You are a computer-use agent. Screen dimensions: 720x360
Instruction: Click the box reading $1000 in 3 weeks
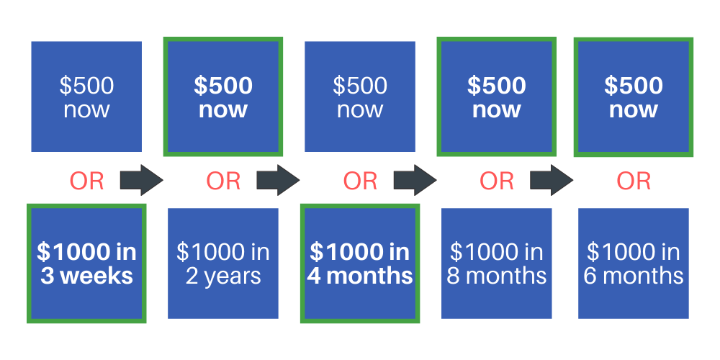[x=86, y=264]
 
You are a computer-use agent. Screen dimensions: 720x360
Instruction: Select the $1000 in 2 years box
[x=223, y=264]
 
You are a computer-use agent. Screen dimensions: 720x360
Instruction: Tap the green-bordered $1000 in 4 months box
[x=360, y=264]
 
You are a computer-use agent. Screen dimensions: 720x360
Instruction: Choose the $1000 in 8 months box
[x=496, y=264]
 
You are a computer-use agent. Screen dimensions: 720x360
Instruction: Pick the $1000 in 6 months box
[x=633, y=264]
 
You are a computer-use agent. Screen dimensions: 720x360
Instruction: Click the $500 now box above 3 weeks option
[x=86, y=96]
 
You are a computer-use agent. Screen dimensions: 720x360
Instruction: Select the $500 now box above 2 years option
[x=223, y=96]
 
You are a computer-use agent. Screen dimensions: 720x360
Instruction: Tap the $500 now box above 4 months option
[x=360, y=96]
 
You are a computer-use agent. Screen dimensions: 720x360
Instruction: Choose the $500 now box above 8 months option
[x=496, y=96]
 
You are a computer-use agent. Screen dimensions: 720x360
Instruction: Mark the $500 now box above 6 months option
[x=633, y=96]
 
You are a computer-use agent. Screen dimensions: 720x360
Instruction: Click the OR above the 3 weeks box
[x=86, y=181]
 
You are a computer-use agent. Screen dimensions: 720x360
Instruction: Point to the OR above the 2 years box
[x=223, y=181]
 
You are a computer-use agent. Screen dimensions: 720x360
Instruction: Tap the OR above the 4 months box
[x=360, y=181]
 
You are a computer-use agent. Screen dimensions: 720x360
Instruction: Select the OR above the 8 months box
[x=496, y=181]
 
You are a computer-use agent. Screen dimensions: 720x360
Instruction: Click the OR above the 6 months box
[x=633, y=181]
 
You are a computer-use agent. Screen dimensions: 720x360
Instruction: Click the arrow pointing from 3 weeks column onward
[x=141, y=180]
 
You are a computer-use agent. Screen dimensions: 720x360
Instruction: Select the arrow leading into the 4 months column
[x=278, y=180]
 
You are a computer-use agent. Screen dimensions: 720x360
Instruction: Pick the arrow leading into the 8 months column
[x=415, y=180]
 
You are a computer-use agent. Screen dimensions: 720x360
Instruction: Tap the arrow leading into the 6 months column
[x=552, y=180]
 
